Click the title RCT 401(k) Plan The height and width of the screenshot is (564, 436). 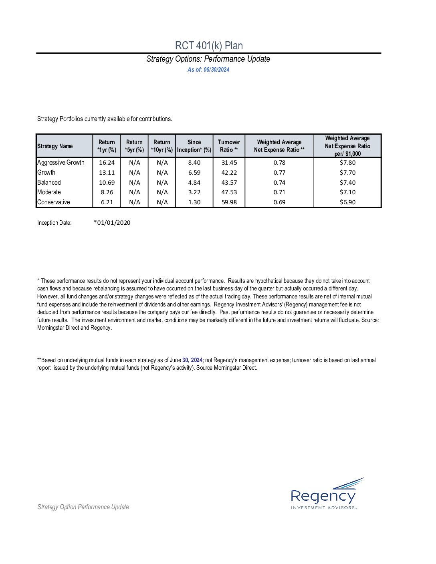(x=209, y=46)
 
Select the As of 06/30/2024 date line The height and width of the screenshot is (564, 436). (x=208, y=70)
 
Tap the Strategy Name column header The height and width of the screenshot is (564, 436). (x=55, y=146)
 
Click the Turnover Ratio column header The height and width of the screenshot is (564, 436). (x=229, y=146)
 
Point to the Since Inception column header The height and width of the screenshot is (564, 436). (x=194, y=146)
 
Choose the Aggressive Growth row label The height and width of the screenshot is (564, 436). (x=61, y=163)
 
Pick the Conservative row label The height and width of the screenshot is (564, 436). (x=54, y=202)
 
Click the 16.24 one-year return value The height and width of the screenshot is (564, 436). (x=107, y=163)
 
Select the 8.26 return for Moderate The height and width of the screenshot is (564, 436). (x=107, y=192)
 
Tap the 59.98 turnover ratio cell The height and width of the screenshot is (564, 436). (x=229, y=202)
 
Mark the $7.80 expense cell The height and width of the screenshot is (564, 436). (x=347, y=163)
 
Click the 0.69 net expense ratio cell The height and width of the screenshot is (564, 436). (x=279, y=202)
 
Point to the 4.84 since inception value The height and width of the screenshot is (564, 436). (x=194, y=183)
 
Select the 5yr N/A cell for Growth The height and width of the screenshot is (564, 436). (x=135, y=173)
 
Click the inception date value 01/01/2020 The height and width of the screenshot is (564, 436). (x=113, y=223)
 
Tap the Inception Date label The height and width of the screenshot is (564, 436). (x=54, y=223)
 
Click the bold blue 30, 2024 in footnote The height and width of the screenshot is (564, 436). (x=192, y=360)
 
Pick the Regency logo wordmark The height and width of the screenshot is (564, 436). (x=323, y=496)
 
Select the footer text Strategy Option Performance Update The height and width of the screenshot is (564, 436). (x=83, y=507)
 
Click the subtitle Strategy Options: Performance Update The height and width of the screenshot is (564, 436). (x=208, y=59)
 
